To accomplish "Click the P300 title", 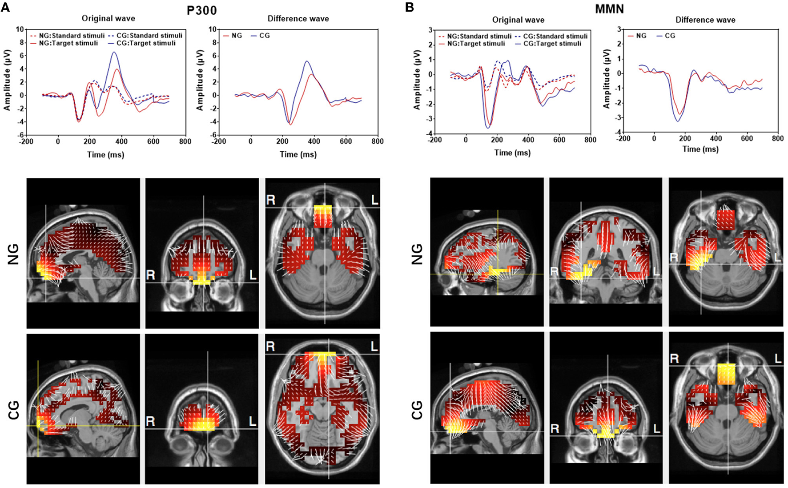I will tap(201, 10).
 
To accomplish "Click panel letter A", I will tap(5, 7).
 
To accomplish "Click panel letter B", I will tap(410, 7).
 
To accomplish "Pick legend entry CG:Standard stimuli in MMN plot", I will tap(555, 36).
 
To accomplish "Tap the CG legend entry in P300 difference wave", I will tap(264, 36).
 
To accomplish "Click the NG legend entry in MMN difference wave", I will tap(641, 36).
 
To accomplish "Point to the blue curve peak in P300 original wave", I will tap(114, 52).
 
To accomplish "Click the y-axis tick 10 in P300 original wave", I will tap(20, 29).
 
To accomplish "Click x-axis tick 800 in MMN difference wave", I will tap(777, 138).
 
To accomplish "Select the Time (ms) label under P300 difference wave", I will tap(298, 154).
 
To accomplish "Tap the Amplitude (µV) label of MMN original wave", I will tap(417, 80).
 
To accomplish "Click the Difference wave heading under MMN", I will tap(705, 20).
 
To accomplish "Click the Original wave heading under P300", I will tap(108, 18).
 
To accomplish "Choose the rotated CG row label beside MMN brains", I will tap(417, 410).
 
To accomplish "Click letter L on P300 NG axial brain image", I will tap(374, 200).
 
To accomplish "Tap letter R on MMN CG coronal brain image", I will tap(555, 428).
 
